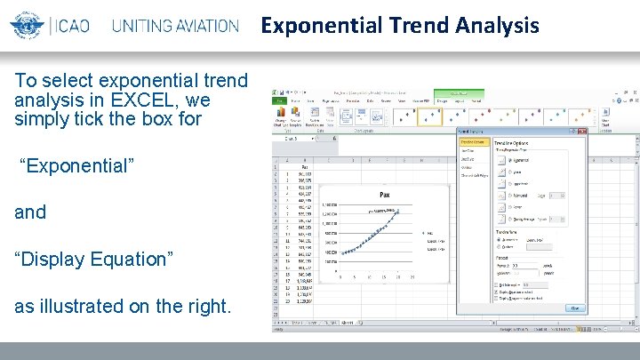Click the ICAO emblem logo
pyautogui.click(x=27, y=25)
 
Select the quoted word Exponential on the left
pyautogui.click(x=76, y=166)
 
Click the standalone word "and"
pyautogui.click(x=29, y=212)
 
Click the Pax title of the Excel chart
pyautogui.click(x=385, y=194)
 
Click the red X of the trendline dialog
pyautogui.click(x=581, y=132)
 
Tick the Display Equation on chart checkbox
pyautogui.click(x=496, y=292)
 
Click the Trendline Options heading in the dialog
pyautogui.click(x=516, y=141)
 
